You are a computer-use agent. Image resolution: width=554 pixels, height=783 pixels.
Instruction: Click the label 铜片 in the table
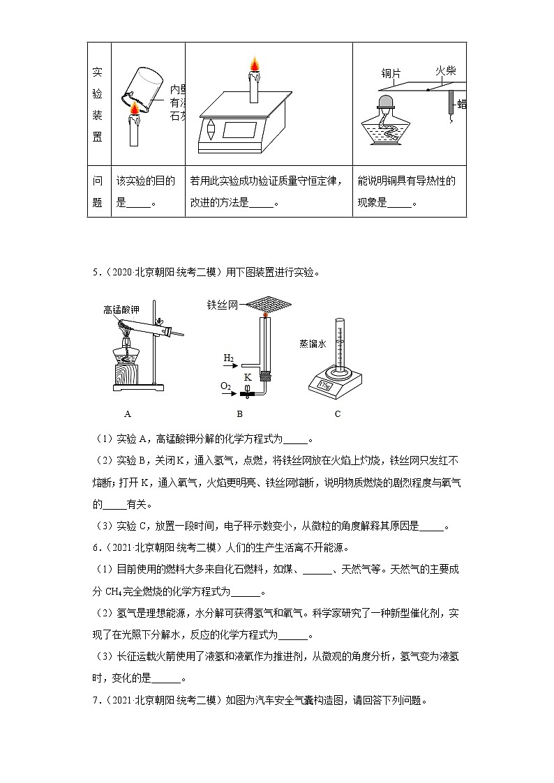click(389, 73)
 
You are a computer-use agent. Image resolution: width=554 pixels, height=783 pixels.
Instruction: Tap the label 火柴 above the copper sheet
click(446, 70)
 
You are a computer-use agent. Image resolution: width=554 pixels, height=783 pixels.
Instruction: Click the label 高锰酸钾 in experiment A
click(121, 309)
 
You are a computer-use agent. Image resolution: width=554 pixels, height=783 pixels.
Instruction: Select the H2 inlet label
click(228, 358)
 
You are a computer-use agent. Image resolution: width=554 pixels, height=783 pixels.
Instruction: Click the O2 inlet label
click(225, 386)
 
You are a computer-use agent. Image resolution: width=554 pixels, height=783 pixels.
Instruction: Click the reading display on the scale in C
click(325, 383)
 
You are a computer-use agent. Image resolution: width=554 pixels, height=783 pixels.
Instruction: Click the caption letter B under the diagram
click(239, 413)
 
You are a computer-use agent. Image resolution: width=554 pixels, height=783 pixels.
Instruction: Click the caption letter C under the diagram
click(337, 413)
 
